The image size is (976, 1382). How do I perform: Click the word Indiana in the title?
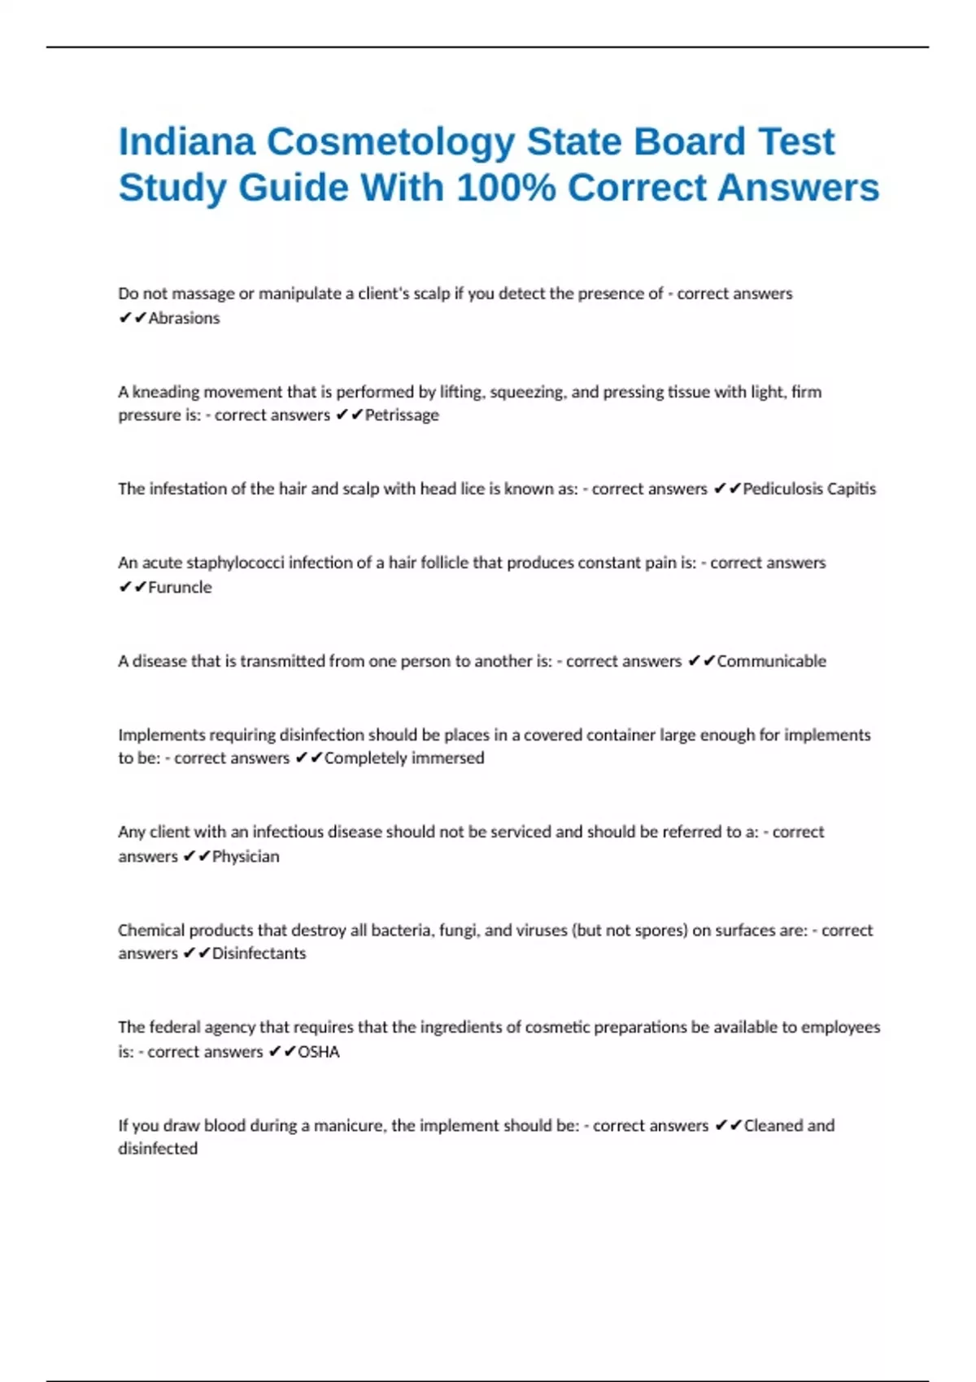(x=186, y=142)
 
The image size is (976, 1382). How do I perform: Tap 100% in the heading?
(x=506, y=189)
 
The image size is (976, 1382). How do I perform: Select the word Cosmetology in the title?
(x=390, y=142)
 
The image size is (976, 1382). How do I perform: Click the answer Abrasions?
(x=184, y=319)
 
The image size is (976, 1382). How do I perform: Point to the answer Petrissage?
(x=402, y=415)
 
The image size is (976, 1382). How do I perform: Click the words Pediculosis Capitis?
(x=809, y=489)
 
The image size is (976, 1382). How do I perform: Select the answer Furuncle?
(x=180, y=588)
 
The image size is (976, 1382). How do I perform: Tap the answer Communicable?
(x=771, y=662)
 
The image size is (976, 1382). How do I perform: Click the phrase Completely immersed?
(x=404, y=758)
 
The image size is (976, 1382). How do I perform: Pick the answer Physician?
(x=246, y=857)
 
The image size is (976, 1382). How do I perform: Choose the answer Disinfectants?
(x=259, y=954)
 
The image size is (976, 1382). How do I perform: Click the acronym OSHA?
(x=319, y=1052)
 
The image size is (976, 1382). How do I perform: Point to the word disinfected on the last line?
(x=158, y=1149)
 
